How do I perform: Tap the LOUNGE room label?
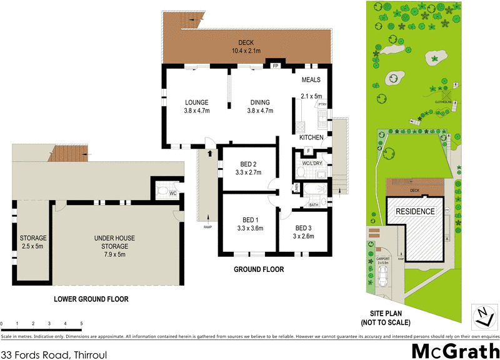(x=196, y=106)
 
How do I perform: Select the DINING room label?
(x=259, y=106)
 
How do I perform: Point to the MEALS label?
(x=311, y=80)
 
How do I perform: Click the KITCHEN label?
(x=311, y=137)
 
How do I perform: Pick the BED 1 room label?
(x=250, y=224)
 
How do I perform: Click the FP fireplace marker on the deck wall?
(x=274, y=64)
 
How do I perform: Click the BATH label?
(x=314, y=204)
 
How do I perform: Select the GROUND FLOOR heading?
(x=259, y=269)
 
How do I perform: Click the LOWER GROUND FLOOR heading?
(x=91, y=299)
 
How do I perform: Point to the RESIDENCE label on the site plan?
(x=414, y=211)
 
